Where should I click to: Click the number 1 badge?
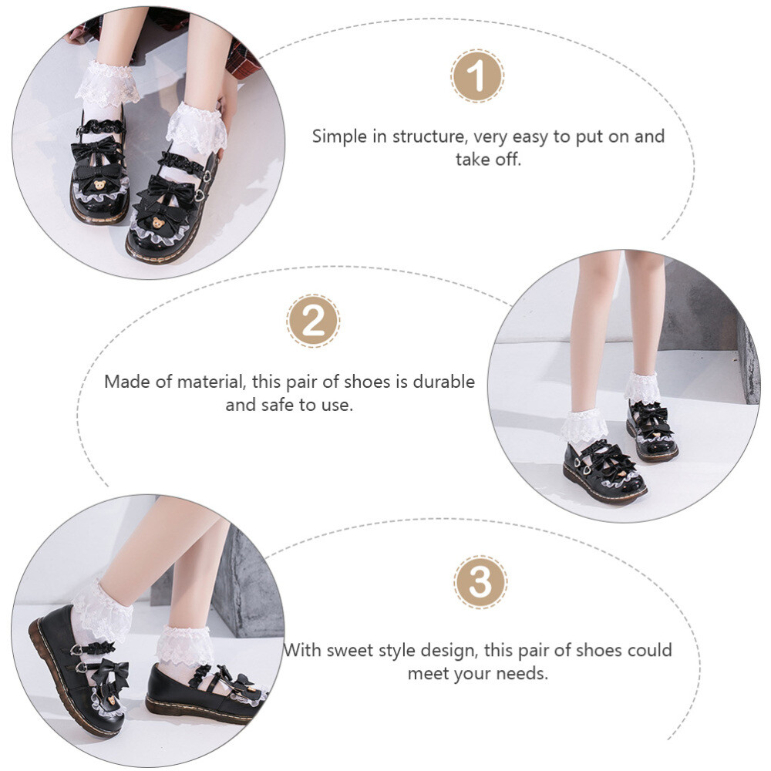point(477,76)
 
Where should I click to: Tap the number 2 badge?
point(313,321)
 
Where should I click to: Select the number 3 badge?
point(480,583)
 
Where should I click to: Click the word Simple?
point(340,137)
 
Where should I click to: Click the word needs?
point(521,673)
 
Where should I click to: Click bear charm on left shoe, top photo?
point(99,184)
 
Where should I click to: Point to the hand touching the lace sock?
point(227,108)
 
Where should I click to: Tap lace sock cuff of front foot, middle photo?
point(584,425)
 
